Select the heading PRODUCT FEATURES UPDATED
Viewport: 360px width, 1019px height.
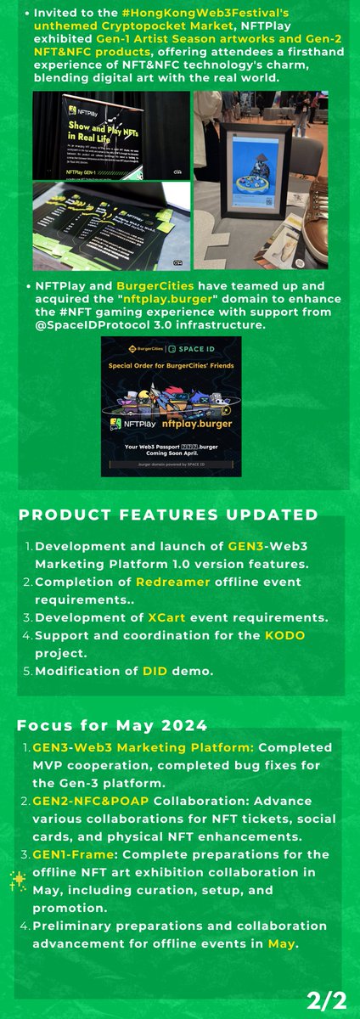[x=168, y=515]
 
